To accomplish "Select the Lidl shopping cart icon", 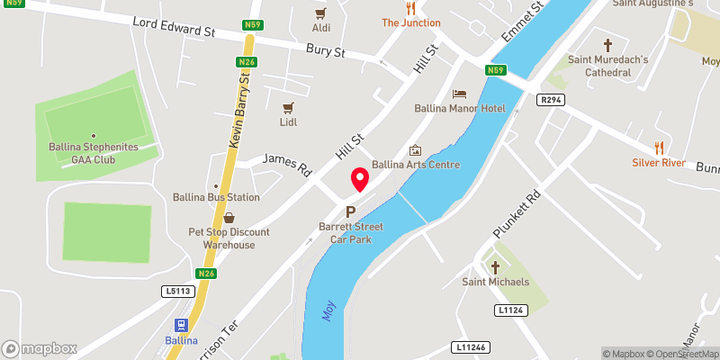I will (x=288, y=107).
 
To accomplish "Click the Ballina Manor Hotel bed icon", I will (x=460, y=94).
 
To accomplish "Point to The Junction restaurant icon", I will (x=410, y=7).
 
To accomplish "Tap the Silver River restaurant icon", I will (x=659, y=148).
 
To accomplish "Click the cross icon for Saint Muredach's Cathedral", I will (x=607, y=45).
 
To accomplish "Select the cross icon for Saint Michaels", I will (x=495, y=268).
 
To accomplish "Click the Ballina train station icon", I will (x=181, y=326).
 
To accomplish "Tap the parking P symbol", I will (x=351, y=212).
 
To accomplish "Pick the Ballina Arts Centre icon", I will (x=415, y=150).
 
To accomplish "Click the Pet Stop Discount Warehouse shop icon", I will (x=229, y=218).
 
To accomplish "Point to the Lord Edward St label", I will (x=175, y=26).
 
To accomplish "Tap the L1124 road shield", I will (x=508, y=310).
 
